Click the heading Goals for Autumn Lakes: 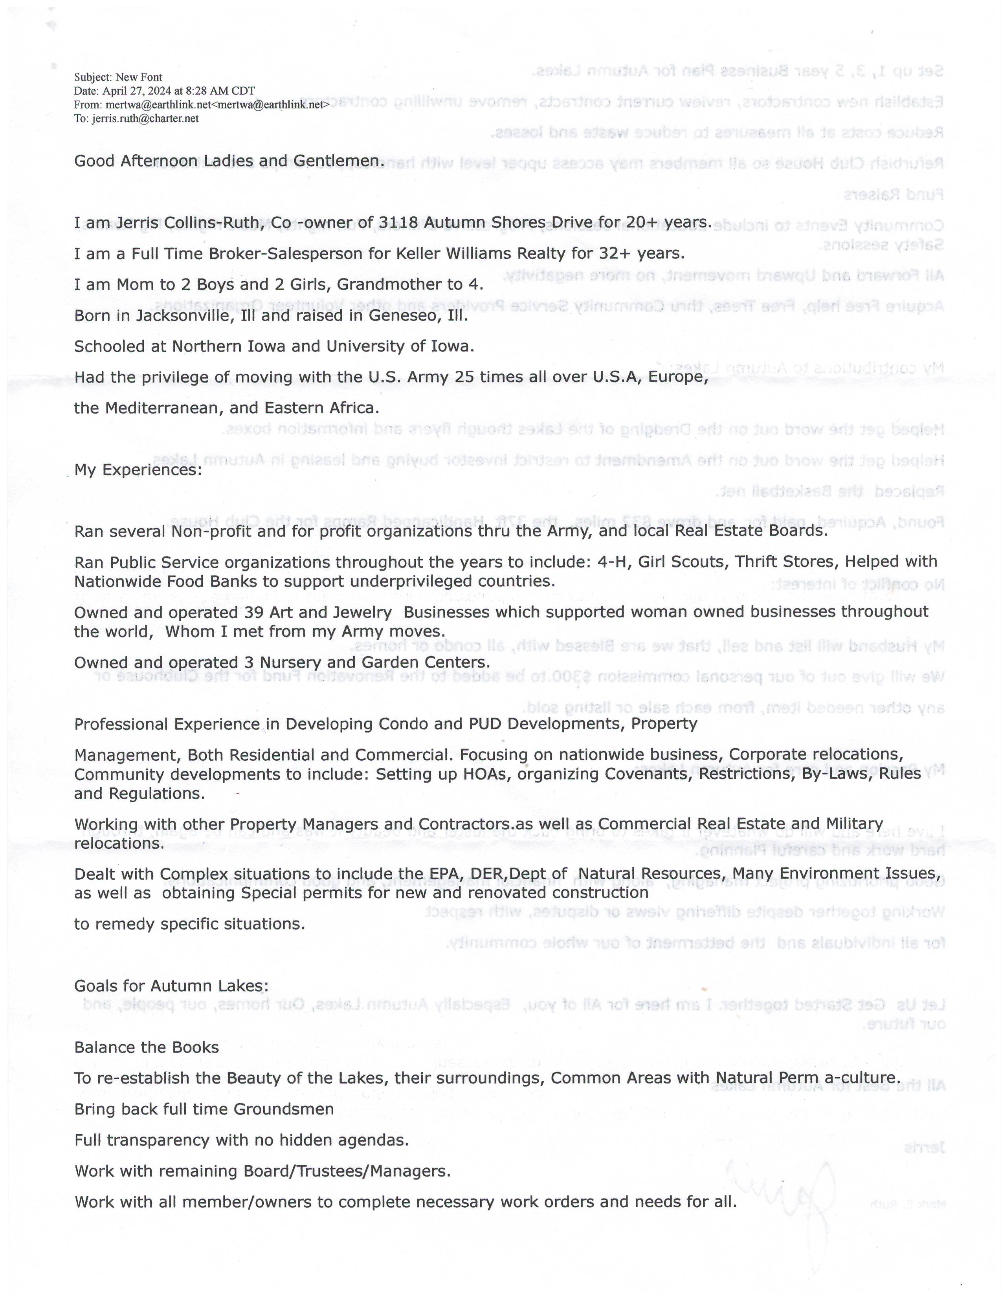pos(171,986)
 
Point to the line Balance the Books pos(147,1047)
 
